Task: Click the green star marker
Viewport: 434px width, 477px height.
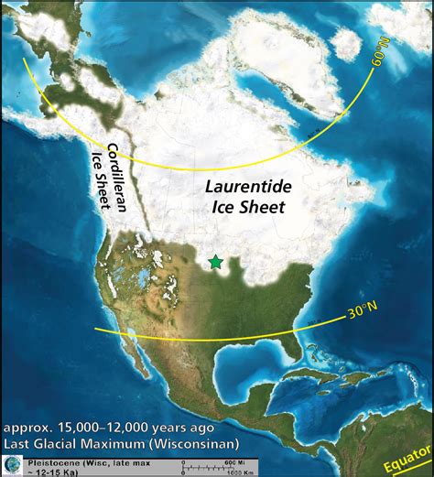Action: point(215,262)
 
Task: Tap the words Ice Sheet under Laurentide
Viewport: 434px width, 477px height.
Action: point(247,207)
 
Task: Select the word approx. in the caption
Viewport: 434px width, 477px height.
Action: point(27,428)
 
